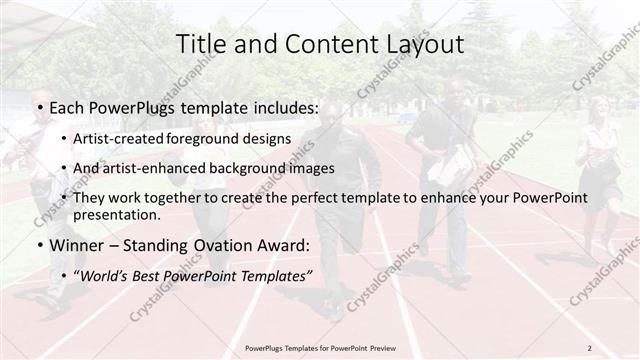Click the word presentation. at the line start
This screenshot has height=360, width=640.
pyautogui.click(x=116, y=215)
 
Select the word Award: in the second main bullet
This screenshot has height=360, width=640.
pyautogui.click(x=282, y=245)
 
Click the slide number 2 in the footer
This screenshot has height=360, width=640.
pyautogui.click(x=589, y=348)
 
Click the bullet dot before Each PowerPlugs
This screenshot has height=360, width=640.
pyautogui.click(x=38, y=105)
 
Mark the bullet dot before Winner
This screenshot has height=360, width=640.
pyautogui.click(x=38, y=246)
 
